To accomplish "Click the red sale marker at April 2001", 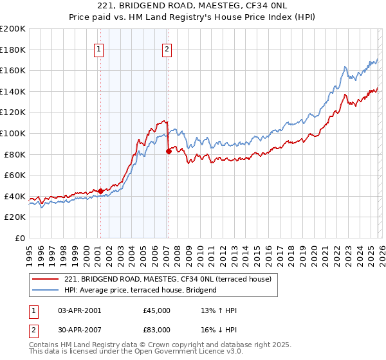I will [100, 190].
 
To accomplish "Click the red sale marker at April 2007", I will [169, 151].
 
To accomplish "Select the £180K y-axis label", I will [14, 50].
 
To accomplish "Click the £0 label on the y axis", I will [20, 238].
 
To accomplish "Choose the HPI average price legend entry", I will [141, 290].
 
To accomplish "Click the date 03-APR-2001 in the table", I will [80, 310].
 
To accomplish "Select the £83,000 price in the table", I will [157, 330].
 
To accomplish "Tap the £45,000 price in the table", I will [157, 310].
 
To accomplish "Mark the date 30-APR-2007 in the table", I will [80, 330].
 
